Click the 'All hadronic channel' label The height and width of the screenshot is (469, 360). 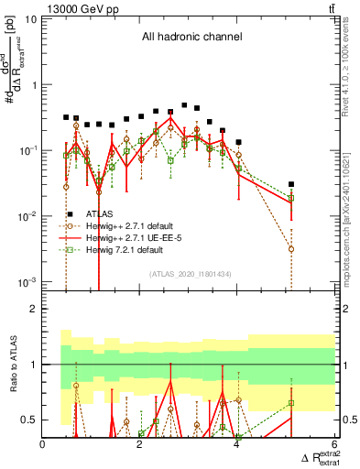tap(191, 38)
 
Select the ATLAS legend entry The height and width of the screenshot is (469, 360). tap(100, 212)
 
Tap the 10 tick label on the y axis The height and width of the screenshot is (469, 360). tap(30, 19)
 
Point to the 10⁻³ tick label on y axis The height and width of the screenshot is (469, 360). tap(27, 281)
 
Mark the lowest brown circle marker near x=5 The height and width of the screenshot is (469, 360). tap(291, 248)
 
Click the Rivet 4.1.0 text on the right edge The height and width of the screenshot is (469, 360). tap(353, 55)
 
